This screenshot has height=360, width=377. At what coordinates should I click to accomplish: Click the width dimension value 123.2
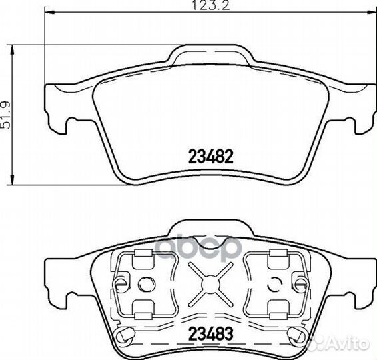coord(211,5)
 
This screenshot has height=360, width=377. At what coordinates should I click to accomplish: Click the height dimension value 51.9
coord(5,115)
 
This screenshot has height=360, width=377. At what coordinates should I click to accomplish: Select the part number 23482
coord(211,156)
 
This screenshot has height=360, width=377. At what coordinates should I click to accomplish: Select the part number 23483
coord(211,333)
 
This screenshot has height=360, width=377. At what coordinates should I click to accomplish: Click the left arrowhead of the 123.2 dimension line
coord(50,12)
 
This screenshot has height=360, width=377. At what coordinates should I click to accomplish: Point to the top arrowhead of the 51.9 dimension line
coord(12,50)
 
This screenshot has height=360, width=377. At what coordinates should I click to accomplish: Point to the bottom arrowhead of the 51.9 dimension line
coord(12,179)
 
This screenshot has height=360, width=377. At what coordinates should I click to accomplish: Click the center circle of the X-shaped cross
coord(210,284)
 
